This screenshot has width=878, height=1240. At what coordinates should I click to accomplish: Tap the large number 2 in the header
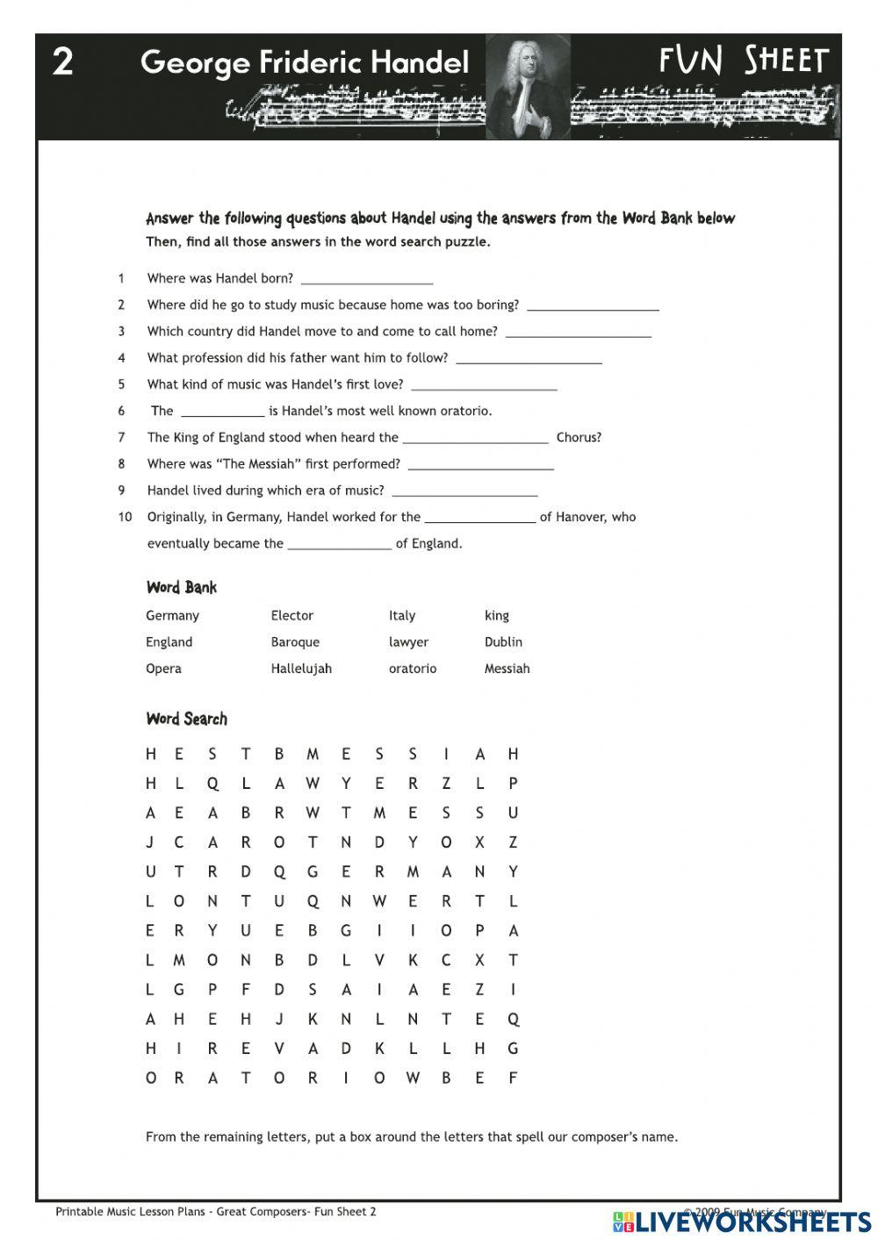click(62, 62)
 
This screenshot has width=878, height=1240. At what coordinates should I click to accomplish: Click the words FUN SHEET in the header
click(744, 61)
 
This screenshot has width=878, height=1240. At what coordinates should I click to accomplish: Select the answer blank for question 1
click(367, 279)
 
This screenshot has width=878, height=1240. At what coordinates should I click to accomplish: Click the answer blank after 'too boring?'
click(593, 305)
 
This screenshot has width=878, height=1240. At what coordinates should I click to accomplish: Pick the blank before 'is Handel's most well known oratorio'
click(222, 411)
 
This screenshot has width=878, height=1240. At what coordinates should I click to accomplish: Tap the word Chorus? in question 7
click(579, 437)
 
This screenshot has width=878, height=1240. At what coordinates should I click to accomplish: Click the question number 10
click(125, 517)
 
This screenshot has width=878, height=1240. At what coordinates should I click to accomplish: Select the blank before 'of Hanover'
click(479, 517)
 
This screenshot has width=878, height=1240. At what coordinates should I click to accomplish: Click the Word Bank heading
click(181, 587)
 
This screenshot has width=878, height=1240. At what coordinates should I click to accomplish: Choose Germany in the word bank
click(172, 615)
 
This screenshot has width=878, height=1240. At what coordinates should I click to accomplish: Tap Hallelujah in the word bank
click(301, 668)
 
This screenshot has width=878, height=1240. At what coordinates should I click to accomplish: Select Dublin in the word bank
click(503, 642)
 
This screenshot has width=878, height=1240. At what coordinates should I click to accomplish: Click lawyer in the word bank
click(408, 642)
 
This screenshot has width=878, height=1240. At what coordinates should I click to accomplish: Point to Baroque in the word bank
click(295, 642)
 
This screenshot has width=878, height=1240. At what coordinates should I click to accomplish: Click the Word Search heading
click(186, 719)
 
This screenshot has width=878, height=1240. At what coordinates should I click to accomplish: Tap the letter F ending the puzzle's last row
click(514, 1078)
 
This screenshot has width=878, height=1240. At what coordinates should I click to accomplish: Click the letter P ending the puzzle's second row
click(514, 783)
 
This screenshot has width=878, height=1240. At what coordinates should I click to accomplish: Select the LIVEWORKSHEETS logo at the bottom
click(742, 1221)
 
